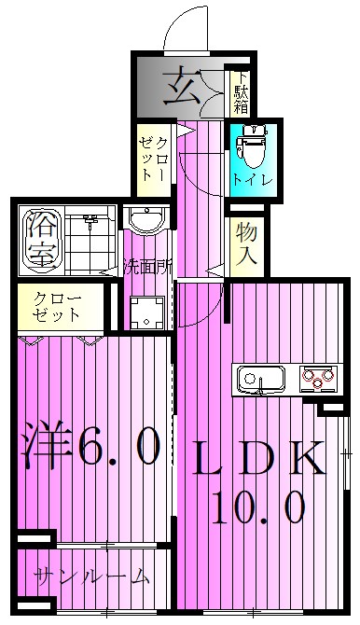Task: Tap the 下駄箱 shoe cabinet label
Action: click(241, 92)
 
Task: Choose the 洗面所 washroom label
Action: click(148, 267)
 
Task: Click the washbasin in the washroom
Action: click(145, 222)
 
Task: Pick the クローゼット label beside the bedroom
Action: click(58, 307)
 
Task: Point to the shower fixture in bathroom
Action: click(90, 224)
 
